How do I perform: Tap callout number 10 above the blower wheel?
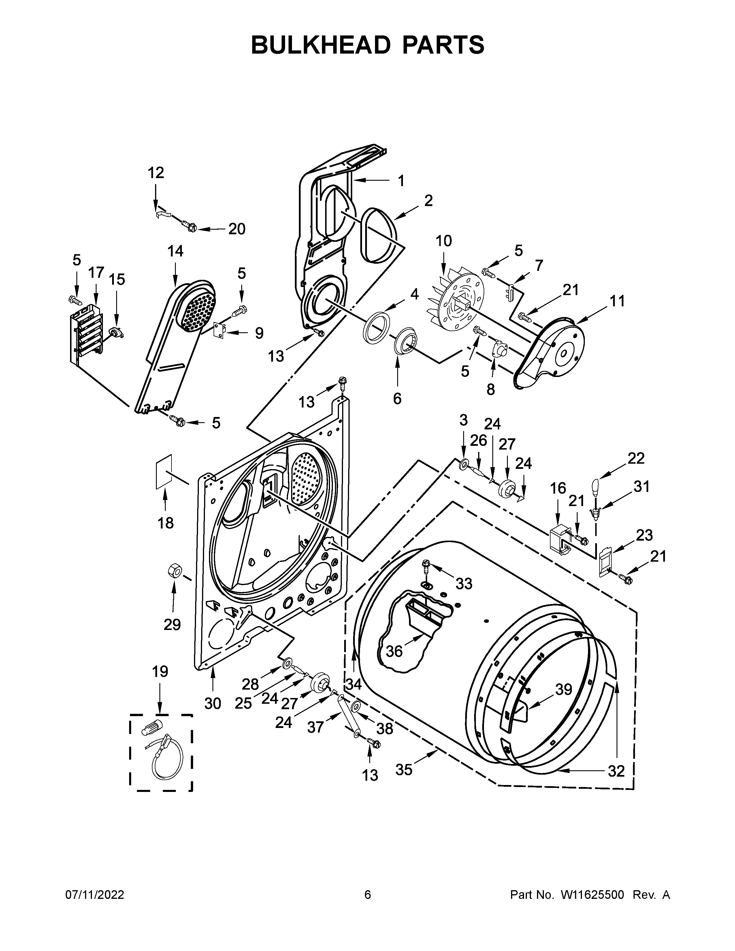coord(444,241)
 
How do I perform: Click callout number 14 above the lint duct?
coord(176,252)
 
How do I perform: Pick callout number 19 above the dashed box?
coord(160,671)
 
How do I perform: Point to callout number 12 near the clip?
coord(156,173)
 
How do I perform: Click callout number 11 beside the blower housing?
coord(617,301)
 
